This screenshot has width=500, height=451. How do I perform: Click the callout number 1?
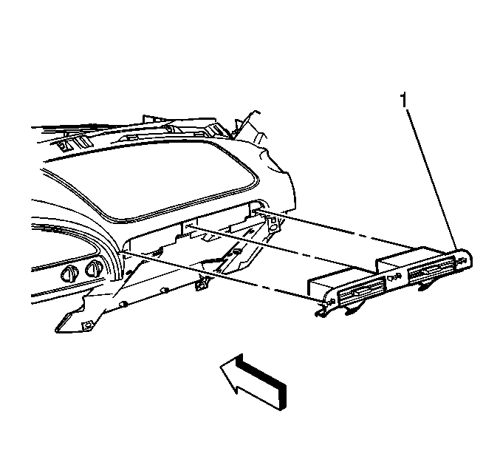point(404,100)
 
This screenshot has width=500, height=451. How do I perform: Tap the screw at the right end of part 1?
point(462,260)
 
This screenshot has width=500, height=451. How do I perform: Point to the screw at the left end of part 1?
point(331,301)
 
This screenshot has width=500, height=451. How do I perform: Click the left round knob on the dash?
point(69,274)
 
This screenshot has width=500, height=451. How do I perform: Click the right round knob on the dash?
point(95,268)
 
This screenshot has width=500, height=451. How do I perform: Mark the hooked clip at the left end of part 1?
point(321,312)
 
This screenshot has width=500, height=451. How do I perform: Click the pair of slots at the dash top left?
point(75,143)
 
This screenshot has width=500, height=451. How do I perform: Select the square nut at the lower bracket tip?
point(86,326)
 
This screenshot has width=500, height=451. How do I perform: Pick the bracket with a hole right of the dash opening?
point(273,223)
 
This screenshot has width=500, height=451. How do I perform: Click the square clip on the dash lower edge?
point(201,285)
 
